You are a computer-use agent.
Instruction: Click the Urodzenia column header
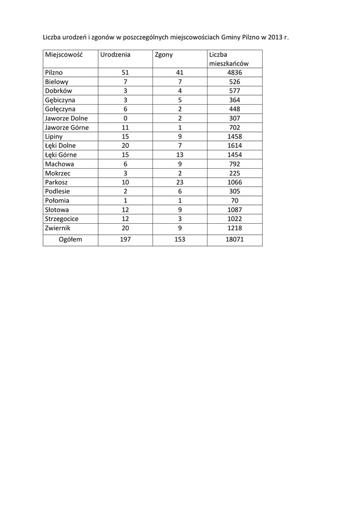[115, 55]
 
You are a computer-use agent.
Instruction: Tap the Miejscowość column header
[63, 55]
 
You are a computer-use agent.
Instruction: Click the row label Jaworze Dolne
[66, 118]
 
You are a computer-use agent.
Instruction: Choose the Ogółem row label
[70, 240]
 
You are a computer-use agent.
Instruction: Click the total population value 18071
[234, 240]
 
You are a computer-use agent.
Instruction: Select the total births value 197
[125, 240]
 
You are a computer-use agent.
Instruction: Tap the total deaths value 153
[180, 240]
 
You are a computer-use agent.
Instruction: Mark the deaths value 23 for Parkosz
[180, 182]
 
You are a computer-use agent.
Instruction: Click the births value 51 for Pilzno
[125, 72]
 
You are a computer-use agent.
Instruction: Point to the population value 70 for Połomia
[234, 200]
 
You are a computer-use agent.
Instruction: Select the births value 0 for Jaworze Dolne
[125, 118]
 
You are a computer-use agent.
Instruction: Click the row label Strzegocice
[62, 219]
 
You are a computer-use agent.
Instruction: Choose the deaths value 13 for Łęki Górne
[180, 155]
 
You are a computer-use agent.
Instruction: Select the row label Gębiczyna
[60, 100]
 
